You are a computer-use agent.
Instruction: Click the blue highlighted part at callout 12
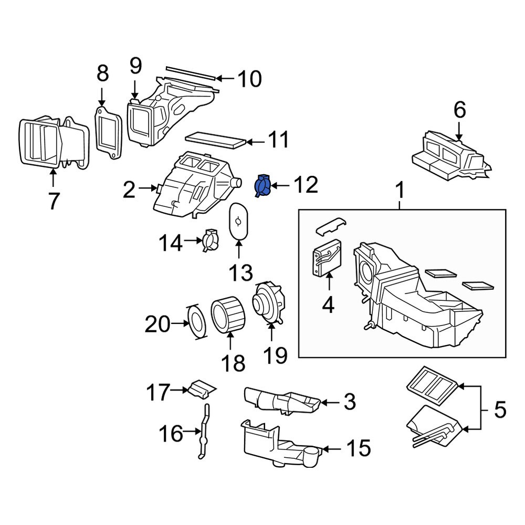pos(262,186)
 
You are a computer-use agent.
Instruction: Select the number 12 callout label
pos(306,185)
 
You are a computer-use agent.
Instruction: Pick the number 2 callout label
pos(129,190)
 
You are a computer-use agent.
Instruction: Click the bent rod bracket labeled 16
pos(204,433)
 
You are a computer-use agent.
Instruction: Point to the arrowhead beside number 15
pos(325,449)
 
